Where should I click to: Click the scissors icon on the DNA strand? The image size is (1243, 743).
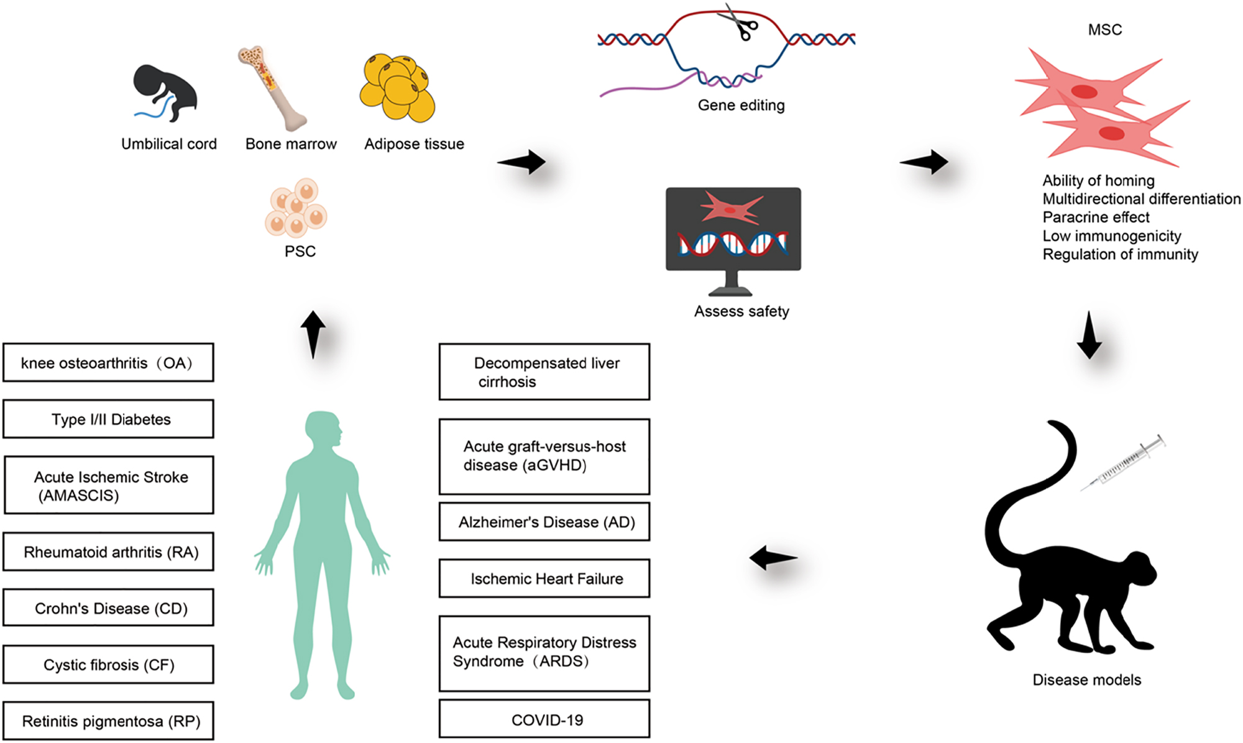coord(738,22)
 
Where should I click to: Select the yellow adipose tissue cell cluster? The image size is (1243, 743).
coord(397,88)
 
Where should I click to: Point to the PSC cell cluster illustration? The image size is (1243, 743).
coord(296,208)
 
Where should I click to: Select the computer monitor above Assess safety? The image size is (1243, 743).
coord(733,230)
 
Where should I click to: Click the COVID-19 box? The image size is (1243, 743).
coord(544,719)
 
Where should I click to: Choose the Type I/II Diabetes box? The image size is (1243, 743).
coord(109,419)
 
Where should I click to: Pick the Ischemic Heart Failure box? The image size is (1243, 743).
coord(544,578)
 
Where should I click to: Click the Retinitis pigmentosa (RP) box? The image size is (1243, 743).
coord(109,721)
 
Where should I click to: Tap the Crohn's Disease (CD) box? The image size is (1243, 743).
coord(109,608)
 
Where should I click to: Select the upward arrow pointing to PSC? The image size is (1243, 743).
coord(313,334)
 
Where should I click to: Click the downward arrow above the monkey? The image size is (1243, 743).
coord(1089,335)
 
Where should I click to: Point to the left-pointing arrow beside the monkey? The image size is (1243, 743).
coord(773,557)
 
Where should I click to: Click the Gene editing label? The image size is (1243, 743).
coord(741,105)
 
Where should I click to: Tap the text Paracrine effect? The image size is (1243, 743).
coord(1096,217)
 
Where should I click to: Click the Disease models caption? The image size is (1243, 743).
coord(1086,680)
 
